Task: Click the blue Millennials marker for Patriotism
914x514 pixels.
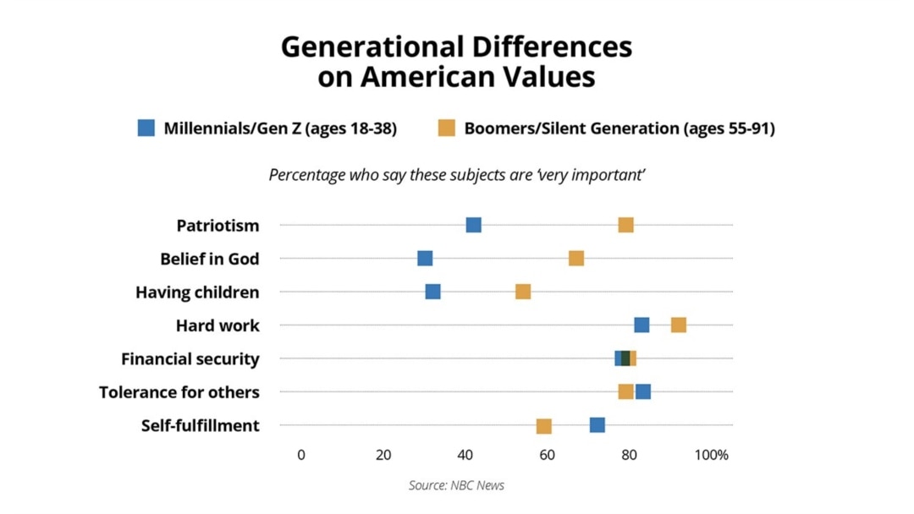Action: tap(474, 225)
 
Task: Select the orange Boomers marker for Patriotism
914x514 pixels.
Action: tap(626, 225)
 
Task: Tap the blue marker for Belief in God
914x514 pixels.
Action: tap(425, 259)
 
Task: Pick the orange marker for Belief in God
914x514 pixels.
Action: tap(576, 259)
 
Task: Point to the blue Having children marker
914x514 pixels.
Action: tap(433, 292)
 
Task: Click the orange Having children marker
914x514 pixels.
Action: tap(523, 292)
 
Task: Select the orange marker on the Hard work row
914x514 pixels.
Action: tap(679, 325)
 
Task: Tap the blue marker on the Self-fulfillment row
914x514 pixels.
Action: tap(597, 425)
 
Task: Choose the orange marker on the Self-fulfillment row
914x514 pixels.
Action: tap(544, 425)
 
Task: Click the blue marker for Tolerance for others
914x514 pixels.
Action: tap(644, 391)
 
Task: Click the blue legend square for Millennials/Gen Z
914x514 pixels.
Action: tap(146, 128)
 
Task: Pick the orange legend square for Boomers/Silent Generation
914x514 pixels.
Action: tap(447, 128)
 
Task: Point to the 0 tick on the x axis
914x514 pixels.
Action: tap(301, 455)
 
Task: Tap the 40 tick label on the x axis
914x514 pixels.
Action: tap(465, 455)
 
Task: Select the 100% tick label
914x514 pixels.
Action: tap(712, 455)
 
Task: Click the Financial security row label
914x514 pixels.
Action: tap(190, 359)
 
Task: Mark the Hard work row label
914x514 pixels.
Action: tap(217, 325)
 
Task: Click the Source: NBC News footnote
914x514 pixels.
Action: tap(457, 485)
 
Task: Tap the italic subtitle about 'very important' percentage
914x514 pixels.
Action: tap(457, 175)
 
